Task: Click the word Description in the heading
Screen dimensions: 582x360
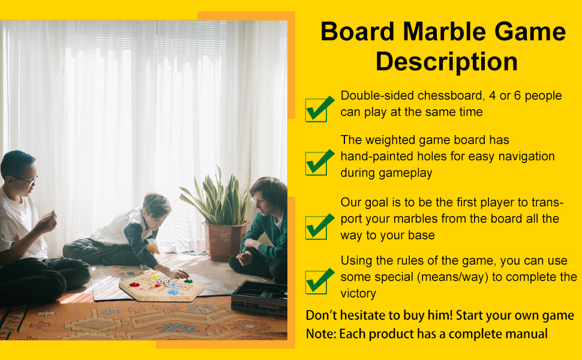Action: (446, 62)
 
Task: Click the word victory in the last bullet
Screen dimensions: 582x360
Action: (358, 293)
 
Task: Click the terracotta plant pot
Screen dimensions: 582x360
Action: (224, 241)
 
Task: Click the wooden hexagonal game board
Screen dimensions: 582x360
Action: (162, 287)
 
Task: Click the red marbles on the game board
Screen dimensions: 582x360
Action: (134, 284)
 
